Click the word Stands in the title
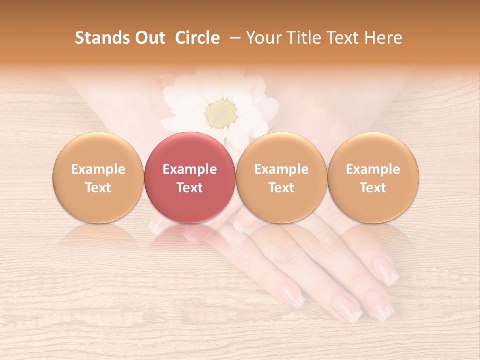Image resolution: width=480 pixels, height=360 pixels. pos(102,38)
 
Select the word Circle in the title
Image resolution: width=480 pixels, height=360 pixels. pos(197,38)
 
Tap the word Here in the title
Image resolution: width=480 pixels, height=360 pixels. pos(383,38)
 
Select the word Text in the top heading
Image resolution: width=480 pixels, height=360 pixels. pos(344,38)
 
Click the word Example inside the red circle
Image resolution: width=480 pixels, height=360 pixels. pos(190,169)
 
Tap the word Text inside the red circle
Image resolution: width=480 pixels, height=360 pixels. pos(190,188)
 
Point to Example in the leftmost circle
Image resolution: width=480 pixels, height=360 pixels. pos(98,169)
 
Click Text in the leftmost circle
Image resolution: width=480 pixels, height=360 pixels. pos(98,188)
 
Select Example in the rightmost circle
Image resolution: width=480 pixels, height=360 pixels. pos(373,169)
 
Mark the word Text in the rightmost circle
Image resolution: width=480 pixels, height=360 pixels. pos(373,188)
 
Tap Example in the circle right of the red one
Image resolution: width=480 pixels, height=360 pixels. pos(281,169)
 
